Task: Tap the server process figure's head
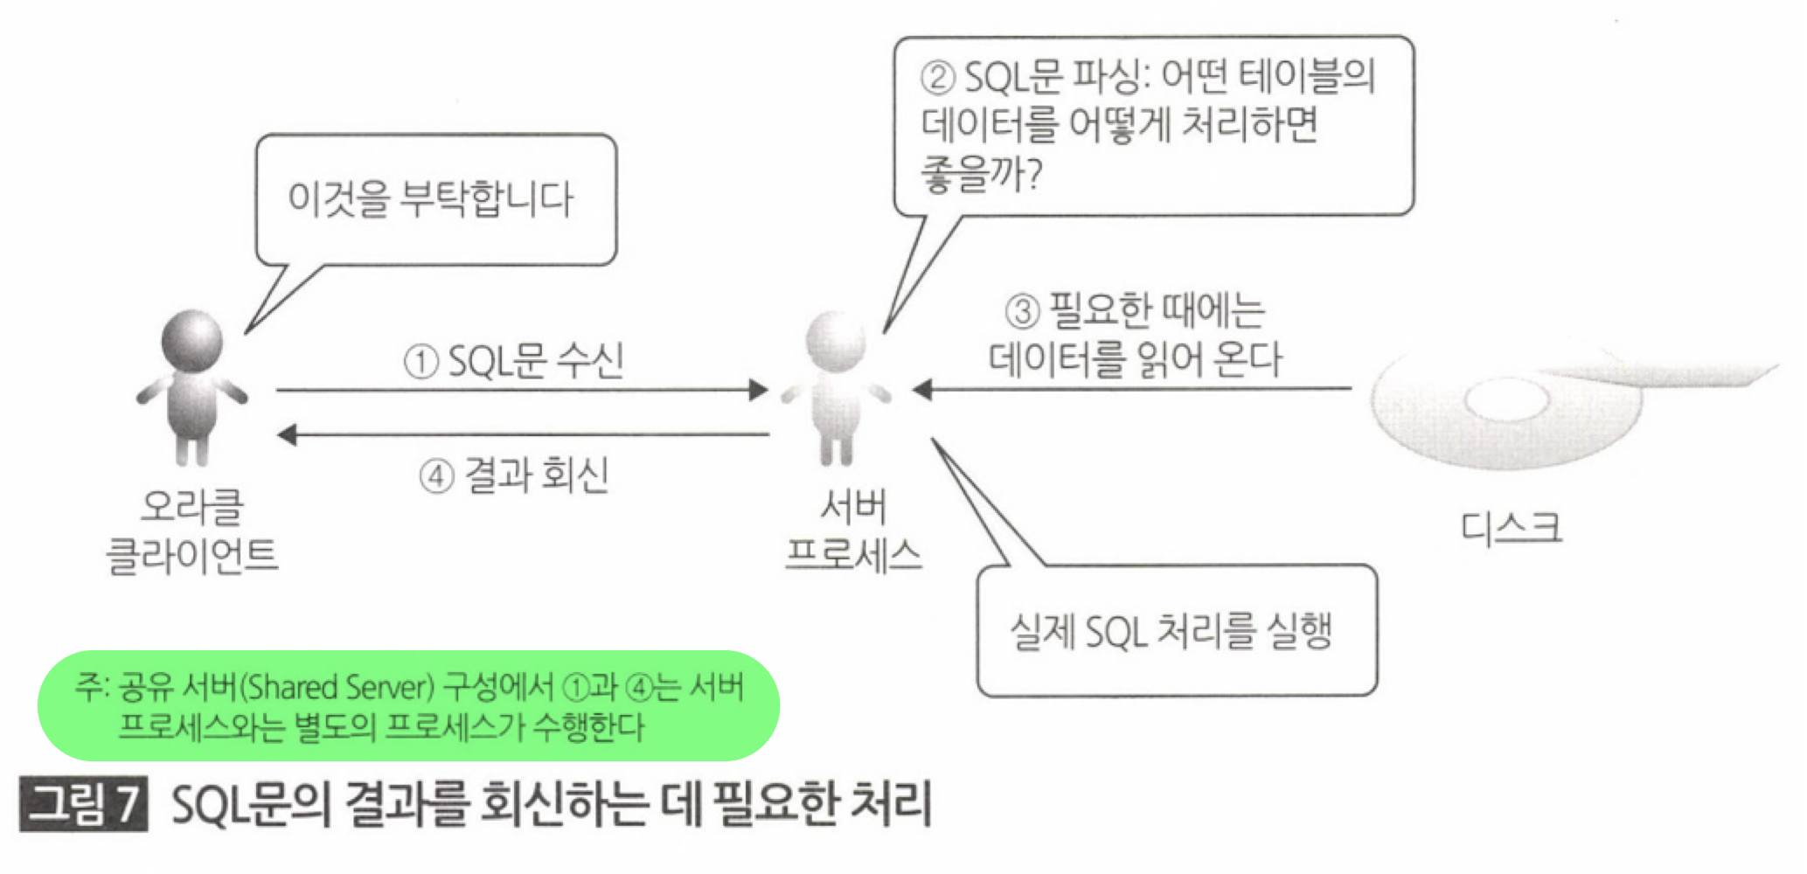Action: coord(837,341)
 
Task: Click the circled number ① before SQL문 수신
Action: coord(420,362)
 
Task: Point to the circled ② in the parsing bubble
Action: coord(937,78)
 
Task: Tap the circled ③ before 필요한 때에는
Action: coord(1022,310)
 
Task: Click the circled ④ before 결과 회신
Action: coord(436,476)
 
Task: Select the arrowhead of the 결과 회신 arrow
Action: coord(288,434)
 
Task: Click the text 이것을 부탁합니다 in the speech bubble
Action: coord(430,199)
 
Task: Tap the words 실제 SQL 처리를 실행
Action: coord(1171,630)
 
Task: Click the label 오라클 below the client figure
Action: coord(192,507)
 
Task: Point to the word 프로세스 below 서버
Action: coord(853,554)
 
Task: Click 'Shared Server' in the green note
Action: coord(336,688)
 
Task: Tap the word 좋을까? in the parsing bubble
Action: coord(982,174)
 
